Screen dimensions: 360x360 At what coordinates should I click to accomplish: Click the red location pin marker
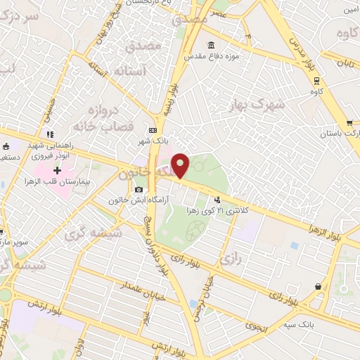click(181, 165)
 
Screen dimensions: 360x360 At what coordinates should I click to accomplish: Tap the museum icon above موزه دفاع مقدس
click(211, 45)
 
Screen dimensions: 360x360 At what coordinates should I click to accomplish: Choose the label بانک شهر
click(153, 141)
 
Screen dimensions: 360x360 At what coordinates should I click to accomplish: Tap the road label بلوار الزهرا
click(329, 231)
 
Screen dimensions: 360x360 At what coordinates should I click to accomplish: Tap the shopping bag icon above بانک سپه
click(320, 286)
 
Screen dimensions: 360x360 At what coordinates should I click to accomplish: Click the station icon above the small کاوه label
click(316, 79)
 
